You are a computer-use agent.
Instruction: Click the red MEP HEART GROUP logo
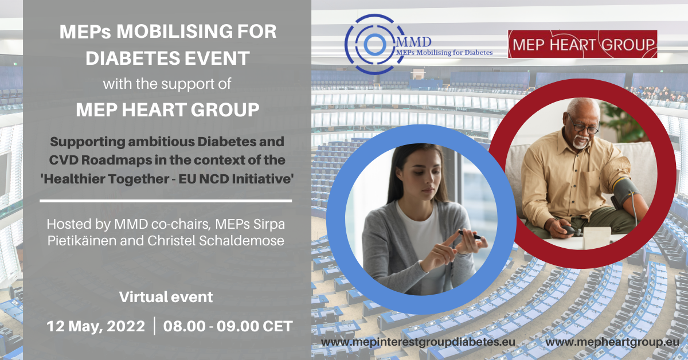[583, 44]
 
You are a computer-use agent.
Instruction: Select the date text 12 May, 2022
[96, 326]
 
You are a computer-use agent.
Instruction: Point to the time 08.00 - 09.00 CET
[228, 326]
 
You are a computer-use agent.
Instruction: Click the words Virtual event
[166, 297]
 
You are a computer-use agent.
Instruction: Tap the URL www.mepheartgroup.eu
[612, 342]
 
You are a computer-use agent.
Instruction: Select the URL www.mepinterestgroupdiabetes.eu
[418, 342]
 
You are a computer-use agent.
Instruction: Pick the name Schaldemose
[241, 241]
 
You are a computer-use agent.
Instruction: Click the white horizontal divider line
[166, 201]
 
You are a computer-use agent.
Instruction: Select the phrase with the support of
[167, 84]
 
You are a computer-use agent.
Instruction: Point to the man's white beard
[580, 143]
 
